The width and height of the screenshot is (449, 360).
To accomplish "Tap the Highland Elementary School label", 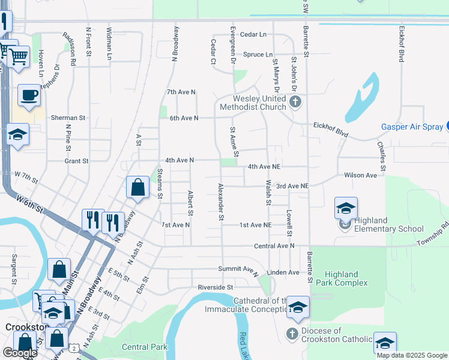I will click(x=388, y=224).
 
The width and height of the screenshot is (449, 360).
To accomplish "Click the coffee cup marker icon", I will click(x=28, y=94).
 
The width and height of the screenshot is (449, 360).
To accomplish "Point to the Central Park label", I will click(x=144, y=347).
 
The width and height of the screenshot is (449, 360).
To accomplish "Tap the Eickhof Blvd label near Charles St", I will click(x=331, y=128).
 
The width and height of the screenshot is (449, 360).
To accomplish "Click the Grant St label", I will click(x=76, y=161).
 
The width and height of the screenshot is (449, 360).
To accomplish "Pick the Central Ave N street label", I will click(x=274, y=246).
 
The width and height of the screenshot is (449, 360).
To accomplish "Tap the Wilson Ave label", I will click(x=360, y=175).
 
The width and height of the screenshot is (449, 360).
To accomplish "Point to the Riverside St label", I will click(x=217, y=287).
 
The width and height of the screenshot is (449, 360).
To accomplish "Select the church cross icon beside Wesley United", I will click(x=295, y=102).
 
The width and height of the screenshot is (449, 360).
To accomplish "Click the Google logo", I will click(x=20, y=353).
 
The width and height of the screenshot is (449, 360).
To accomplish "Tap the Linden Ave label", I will click(x=285, y=272).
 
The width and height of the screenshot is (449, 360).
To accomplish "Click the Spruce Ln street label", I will click(x=258, y=55).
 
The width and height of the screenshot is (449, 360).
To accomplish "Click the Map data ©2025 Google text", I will click(x=412, y=355).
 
